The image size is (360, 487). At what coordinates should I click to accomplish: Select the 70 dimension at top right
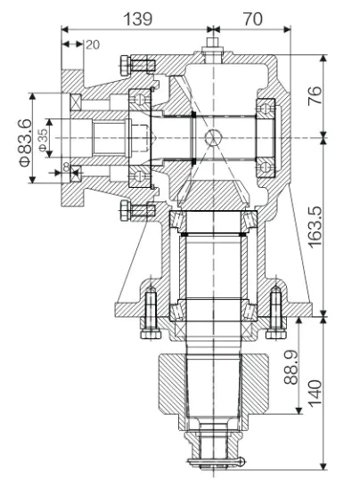pos(253,18)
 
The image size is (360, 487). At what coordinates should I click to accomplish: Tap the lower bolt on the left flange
pos(132,210)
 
